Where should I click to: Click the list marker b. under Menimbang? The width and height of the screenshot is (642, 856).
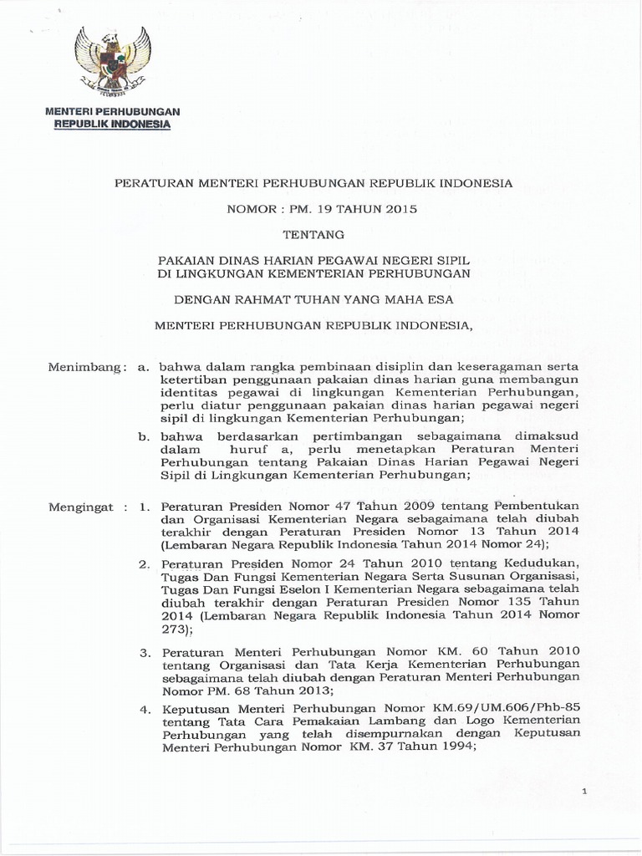point(144,436)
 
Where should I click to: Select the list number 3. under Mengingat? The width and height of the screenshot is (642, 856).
point(143,650)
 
